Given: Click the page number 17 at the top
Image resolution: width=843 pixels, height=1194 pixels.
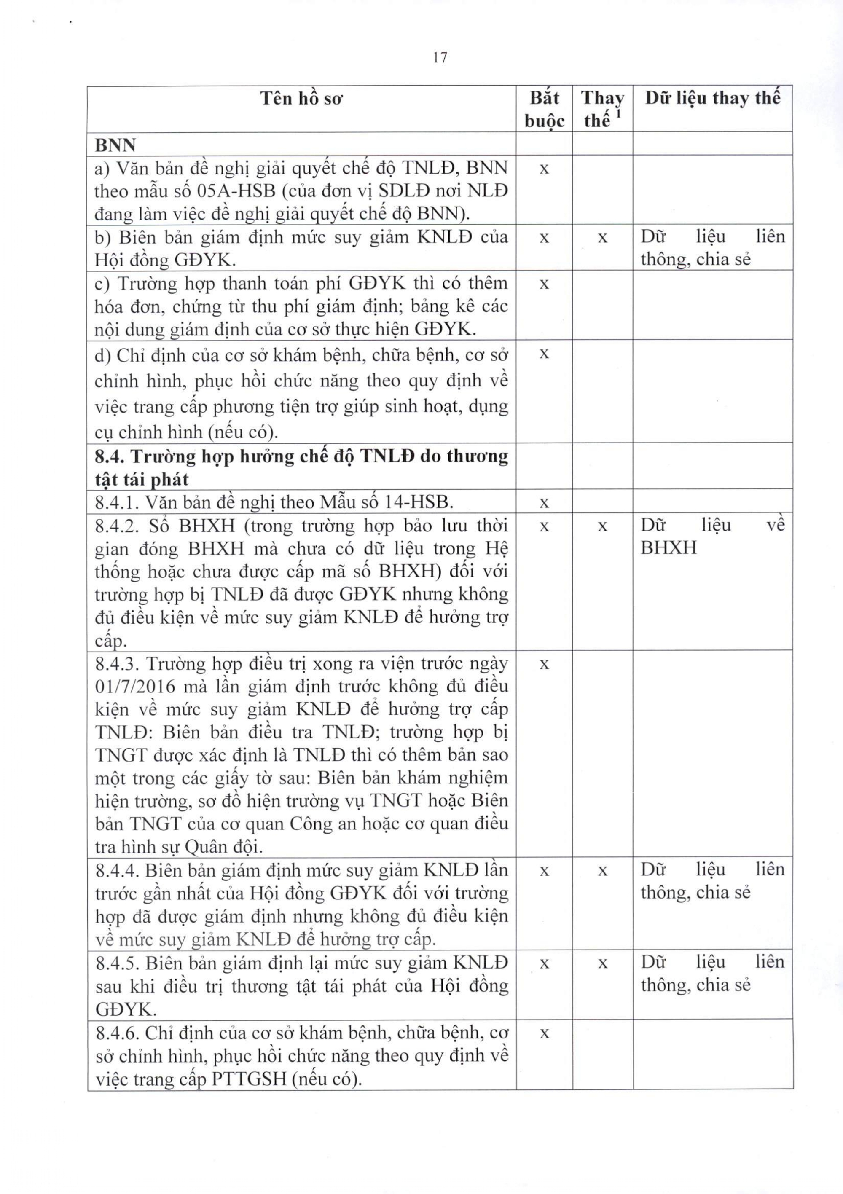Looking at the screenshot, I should [x=440, y=58].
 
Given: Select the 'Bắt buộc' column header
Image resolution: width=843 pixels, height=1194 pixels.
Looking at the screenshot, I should [x=544, y=109].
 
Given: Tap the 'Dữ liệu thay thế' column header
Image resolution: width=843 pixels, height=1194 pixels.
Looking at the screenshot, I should [x=712, y=98].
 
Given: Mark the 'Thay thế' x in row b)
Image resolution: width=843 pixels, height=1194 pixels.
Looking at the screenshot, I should [x=602, y=238].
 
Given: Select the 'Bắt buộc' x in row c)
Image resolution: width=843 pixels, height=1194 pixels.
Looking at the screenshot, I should [x=544, y=284].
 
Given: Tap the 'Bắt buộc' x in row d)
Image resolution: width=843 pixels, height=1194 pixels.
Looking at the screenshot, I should [x=544, y=354].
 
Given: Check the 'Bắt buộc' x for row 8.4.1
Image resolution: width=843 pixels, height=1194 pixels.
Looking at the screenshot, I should [x=544, y=503].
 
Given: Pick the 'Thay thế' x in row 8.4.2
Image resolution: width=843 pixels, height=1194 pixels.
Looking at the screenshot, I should [x=602, y=526].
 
